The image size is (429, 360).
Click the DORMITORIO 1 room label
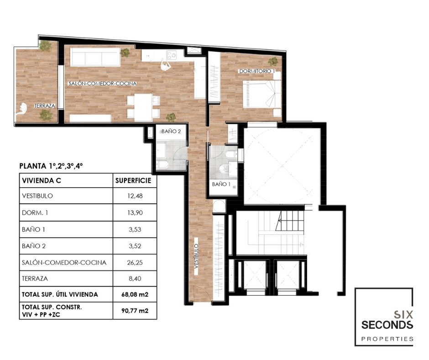pyautogui.click(x=257, y=71)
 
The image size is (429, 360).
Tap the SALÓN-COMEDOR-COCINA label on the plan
pyautogui.click(x=102, y=83)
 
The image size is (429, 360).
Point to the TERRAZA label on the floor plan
pyautogui.click(x=45, y=106)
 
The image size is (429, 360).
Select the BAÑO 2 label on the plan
pyautogui.click(x=171, y=131)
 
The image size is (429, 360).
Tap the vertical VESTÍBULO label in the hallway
pyautogui.click(x=196, y=256)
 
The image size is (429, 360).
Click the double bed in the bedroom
pyautogui.click(x=262, y=94)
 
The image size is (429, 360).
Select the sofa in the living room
pyautogui.click(x=95, y=57)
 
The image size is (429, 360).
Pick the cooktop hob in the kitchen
pyautogui.click(x=172, y=55)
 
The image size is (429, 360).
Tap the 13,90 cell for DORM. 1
pyautogui.click(x=135, y=212)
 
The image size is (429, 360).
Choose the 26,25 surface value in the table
pyautogui.click(x=135, y=263)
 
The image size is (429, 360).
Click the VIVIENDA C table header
pyautogui.click(x=42, y=180)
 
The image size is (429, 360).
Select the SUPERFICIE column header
pyautogui.click(x=133, y=180)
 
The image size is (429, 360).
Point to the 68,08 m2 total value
pyautogui.click(x=135, y=295)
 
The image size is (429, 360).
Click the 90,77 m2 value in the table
pyautogui.click(x=135, y=311)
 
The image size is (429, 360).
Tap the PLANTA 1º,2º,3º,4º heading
pyautogui.click(x=51, y=166)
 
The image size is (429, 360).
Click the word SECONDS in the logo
pyautogui.click(x=387, y=325)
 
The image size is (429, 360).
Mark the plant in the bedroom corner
pyautogui.click(x=273, y=61)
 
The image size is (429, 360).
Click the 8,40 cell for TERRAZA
pyautogui.click(x=135, y=279)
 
